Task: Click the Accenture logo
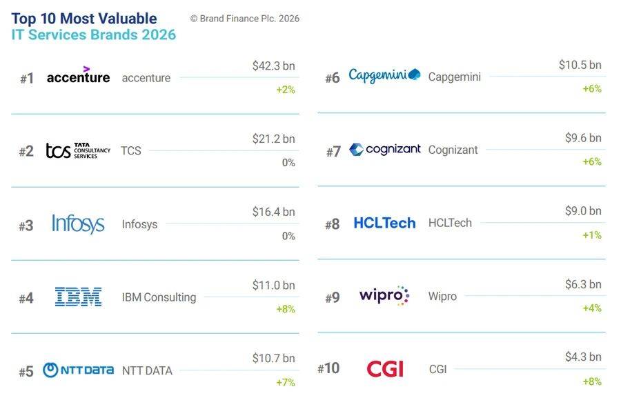pos(78,76)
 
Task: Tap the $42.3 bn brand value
pos(273,66)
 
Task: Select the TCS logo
pos(77,150)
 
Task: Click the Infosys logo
pos(78,223)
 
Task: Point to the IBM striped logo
pos(78,297)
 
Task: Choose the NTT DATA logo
pos(78,370)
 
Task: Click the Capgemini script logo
pos(384,75)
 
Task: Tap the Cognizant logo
pos(384,149)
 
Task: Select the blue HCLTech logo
pos(384,223)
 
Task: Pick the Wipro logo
pos(384,296)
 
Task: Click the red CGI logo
pos(384,369)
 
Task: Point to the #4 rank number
pos(26,298)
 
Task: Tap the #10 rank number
pos(328,369)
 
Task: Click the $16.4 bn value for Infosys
pos(273,212)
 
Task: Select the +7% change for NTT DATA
pos(285,382)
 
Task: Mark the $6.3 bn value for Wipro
pos(580,284)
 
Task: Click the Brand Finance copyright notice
pos(244,19)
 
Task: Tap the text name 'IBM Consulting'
pos(159,297)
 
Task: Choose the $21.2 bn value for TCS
pos(273,139)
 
